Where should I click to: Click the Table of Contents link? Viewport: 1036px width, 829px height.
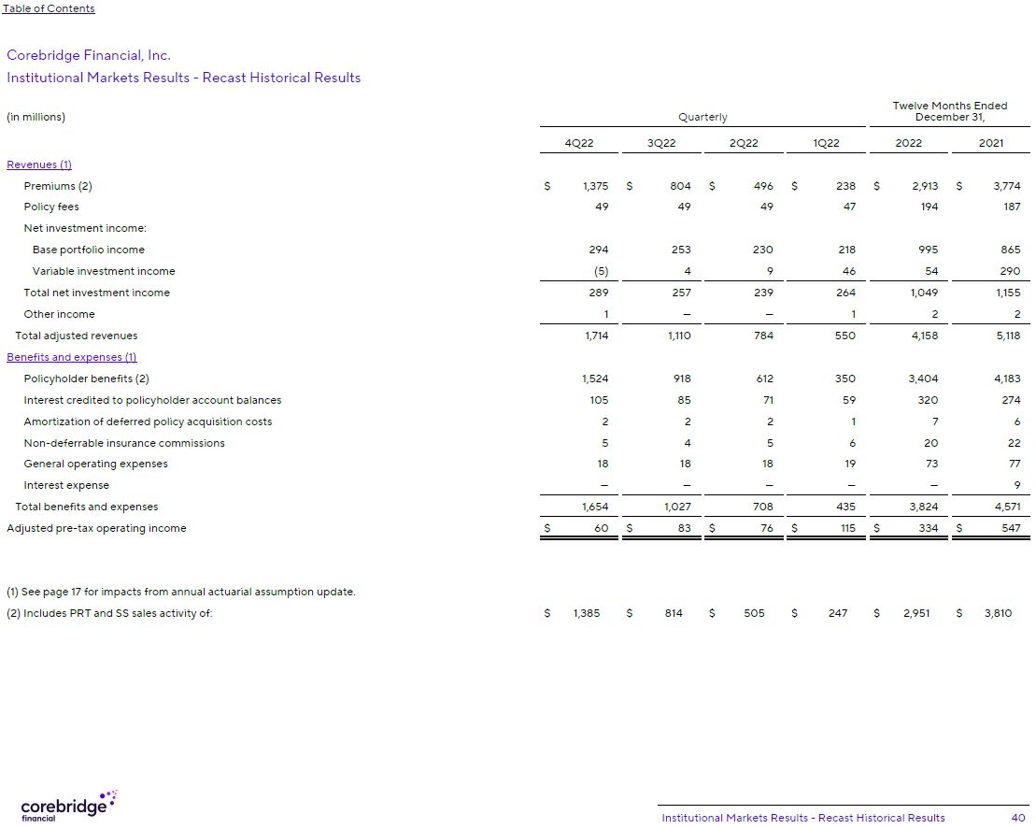click(x=49, y=8)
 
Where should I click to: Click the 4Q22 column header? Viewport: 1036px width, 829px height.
click(x=579, y=143)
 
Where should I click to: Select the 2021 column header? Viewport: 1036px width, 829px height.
click(x=990, y=143)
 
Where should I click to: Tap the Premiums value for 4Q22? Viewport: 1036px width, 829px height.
click(x=594, y=186)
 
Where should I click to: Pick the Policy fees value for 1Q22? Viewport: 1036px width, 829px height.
click(x=848, y=207)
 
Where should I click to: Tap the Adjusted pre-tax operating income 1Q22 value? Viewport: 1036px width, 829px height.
click(x=844, y=528)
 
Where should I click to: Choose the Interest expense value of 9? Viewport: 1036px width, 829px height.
click(x=1015, y=485)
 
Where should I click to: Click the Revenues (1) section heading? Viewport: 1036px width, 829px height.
click(x=39, y=164)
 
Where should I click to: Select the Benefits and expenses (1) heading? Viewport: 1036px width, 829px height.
click(x=72, y=357)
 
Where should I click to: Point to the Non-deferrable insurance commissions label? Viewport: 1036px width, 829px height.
click(x=124, y=443)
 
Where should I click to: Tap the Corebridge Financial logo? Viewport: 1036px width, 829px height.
click(x=67, y=806)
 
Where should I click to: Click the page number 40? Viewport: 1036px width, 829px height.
click(x=1017, y=818)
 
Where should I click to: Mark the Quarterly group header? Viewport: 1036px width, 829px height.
click(x=702, y=117)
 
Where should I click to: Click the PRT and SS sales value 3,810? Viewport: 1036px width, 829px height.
click(x=997, y=613)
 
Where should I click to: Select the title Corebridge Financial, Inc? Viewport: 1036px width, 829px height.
click(x=89, y=55)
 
